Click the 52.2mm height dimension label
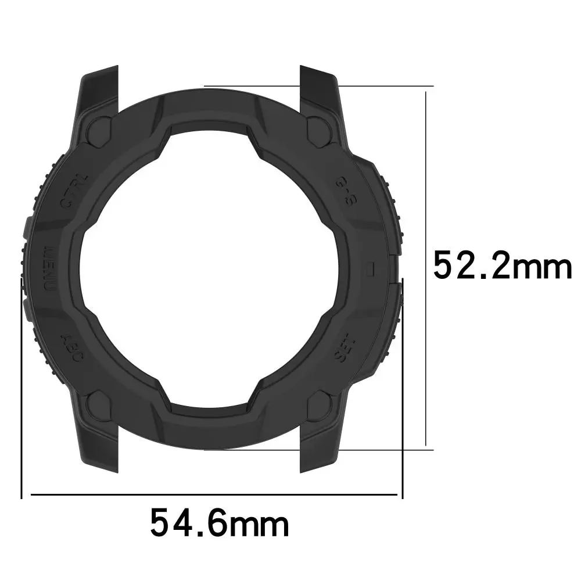click(502, 266)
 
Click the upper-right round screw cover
click(318, 128)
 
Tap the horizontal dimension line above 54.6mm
click(215, 495)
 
